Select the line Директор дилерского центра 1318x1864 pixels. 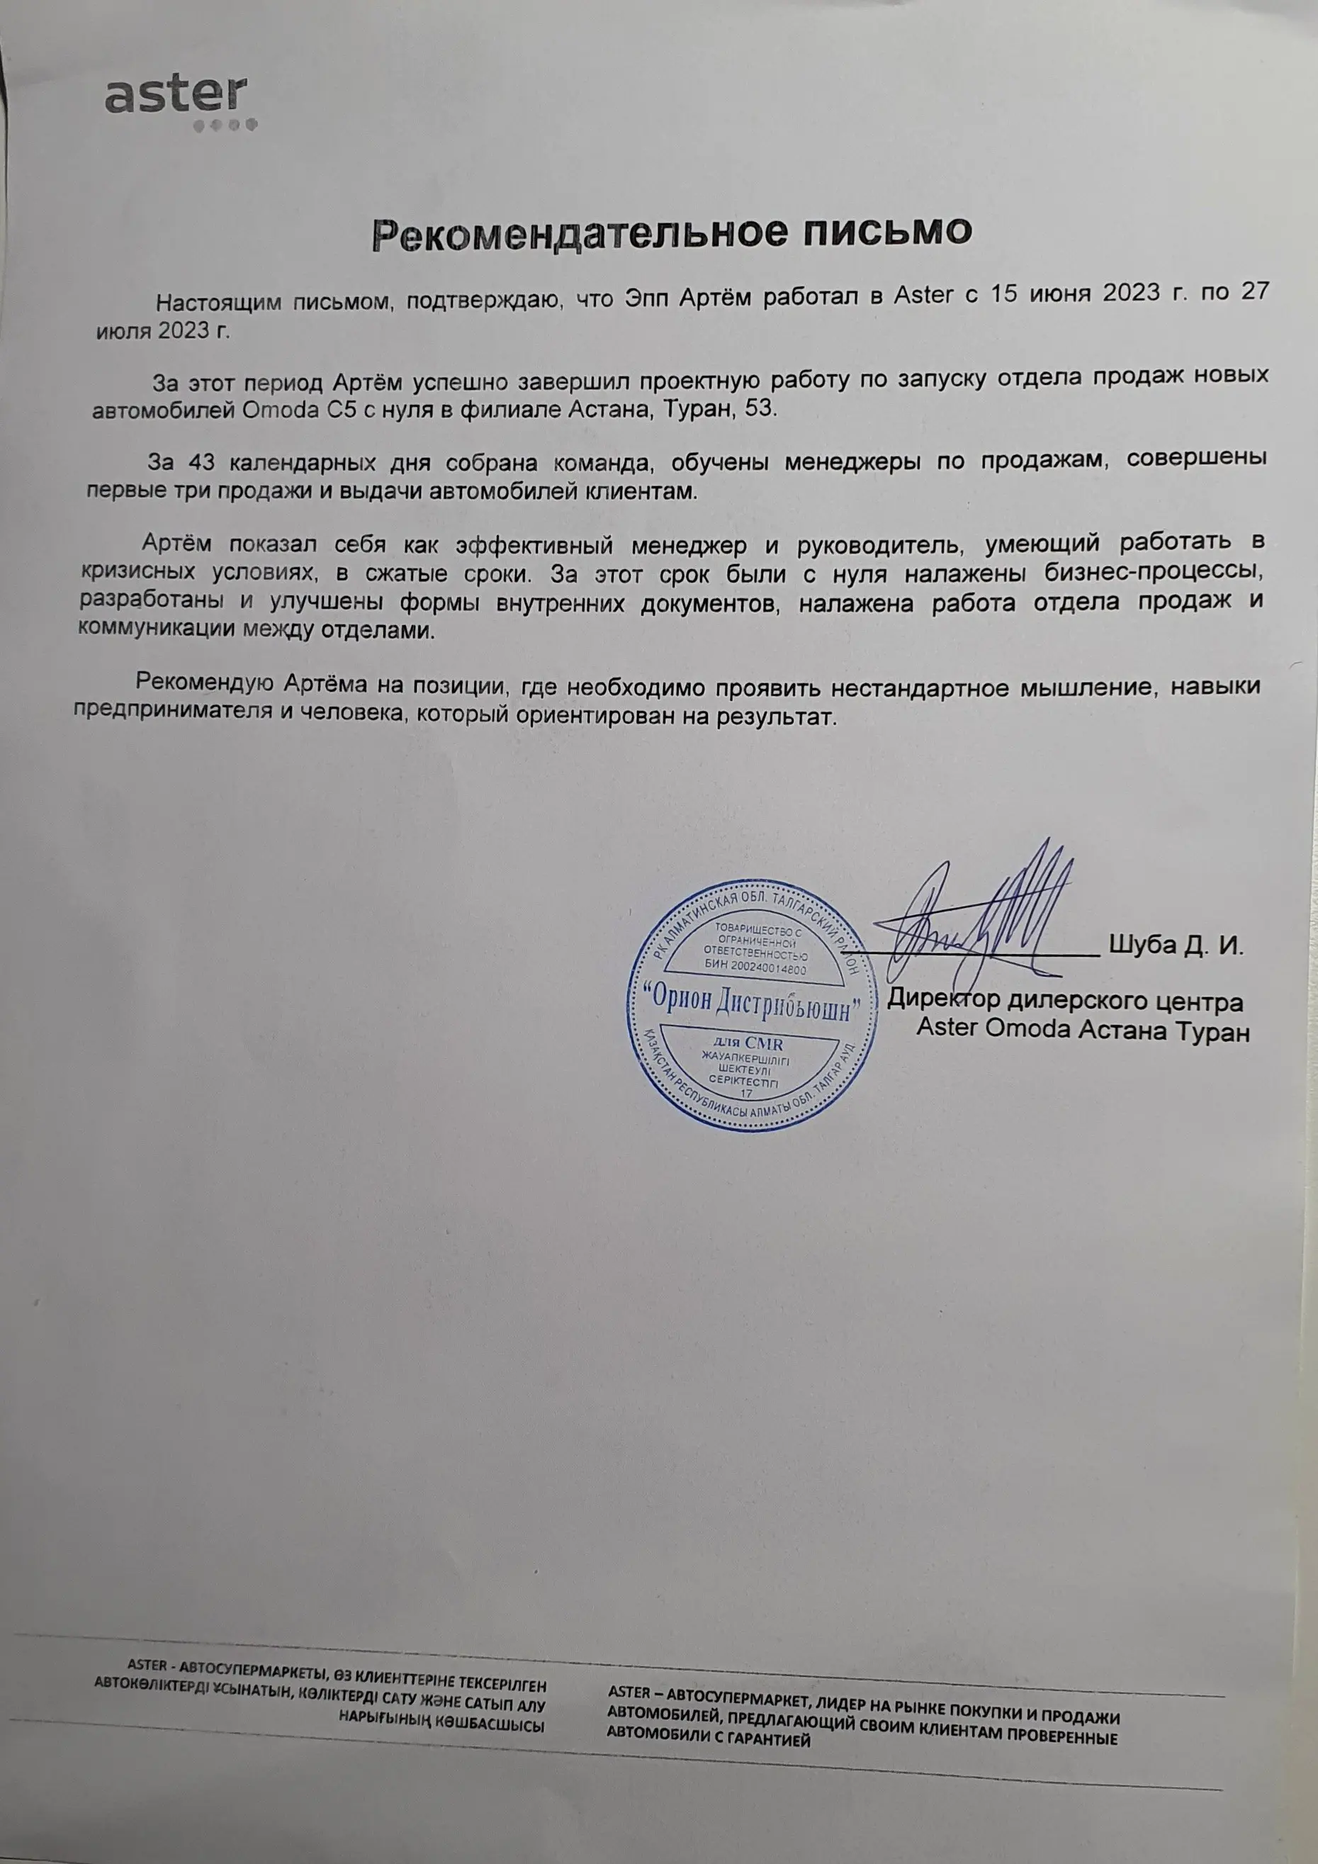click(1065, 1001)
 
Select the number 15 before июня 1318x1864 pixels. click(1004, 293)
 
